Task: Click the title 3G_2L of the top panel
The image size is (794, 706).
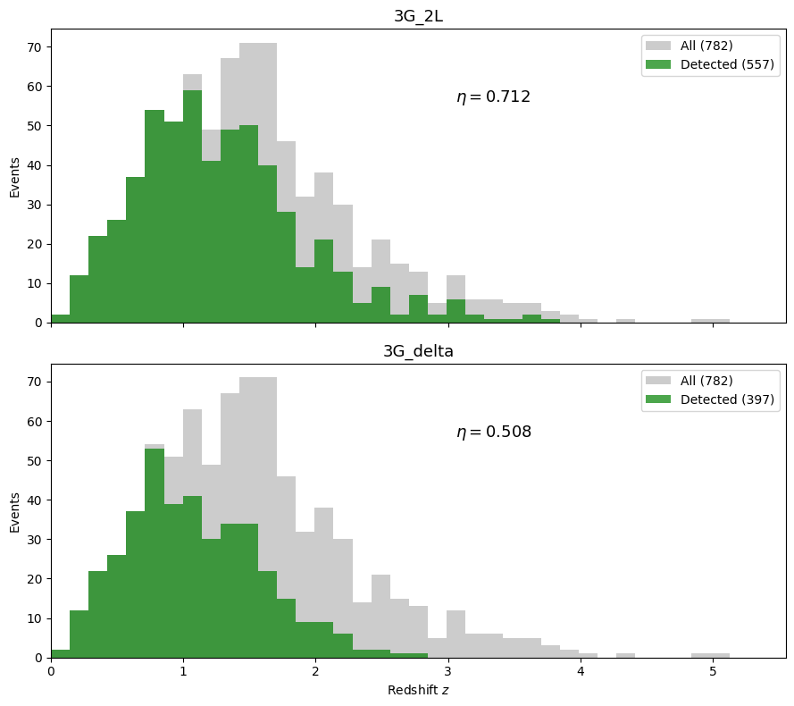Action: pyautogui.click(x=418, y=16)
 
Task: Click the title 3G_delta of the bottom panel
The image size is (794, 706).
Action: pyautogui.click(x=418, y=351)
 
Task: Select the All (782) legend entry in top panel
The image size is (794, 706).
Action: pyautogui.click(x=706, y=46)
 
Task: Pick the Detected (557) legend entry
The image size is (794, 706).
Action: pyautogui.click(x=726, y=64)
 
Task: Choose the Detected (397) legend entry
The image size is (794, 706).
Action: pyautogui.click(x=726, y=399)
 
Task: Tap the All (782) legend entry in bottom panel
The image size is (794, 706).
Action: pyautogui.click(x=706, y=381)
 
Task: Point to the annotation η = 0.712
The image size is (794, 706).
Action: pyautogui.click(x=493, y=97)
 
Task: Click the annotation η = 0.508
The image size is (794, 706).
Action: pyautogui.click(x=493, y=433)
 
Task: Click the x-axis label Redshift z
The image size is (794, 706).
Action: pyautogui.click(x=418, y=691)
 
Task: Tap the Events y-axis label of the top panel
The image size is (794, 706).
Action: pyautogui.click(x=15, y=176)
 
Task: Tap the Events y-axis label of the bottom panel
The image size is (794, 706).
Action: pyautogui.click(x=15, y=511)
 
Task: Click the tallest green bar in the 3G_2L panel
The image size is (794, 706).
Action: pyautogui.click(x=192, y=206)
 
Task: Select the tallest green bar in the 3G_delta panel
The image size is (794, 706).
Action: pyautogui.click(x=155, y=553)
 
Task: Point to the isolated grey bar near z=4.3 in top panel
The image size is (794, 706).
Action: pyautogui.click(x=625, y=320)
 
